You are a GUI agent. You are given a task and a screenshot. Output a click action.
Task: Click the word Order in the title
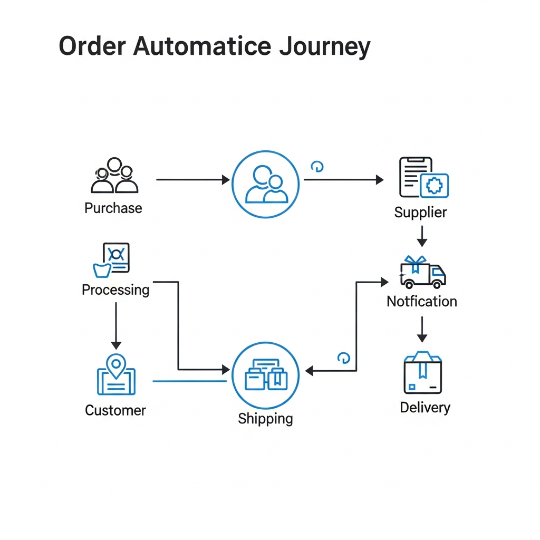(x=92, y=46)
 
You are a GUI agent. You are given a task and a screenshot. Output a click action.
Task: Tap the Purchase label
(x=113, y=208)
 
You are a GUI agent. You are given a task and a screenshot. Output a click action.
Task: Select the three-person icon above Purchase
(x=114, y=176)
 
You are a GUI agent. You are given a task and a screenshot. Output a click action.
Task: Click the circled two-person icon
(x=266, y=185)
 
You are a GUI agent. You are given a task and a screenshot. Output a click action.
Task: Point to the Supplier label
(x=420, y=213)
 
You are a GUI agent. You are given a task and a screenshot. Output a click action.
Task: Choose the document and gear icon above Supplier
(x=423, y=178)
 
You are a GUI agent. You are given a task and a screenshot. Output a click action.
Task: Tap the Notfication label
(x=422, y=301)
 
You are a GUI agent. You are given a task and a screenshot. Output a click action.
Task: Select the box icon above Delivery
(x=422, y=373)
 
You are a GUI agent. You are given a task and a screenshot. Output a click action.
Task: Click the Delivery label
(x=425, y=407)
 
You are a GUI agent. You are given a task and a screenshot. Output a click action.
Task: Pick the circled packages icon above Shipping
(x=266, y=375)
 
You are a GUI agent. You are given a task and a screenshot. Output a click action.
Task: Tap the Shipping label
(x=265, y=419)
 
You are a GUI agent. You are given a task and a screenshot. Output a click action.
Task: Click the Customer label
(x=115, y=410)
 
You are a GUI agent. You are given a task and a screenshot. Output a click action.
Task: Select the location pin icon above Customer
(x=116, y=375)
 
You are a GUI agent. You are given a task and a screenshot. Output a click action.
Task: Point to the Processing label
(x=115, y=290)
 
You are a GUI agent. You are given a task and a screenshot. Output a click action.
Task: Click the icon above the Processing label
(x=112, y=260)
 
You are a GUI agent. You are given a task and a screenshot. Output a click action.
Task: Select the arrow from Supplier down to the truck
(x=422, y=236)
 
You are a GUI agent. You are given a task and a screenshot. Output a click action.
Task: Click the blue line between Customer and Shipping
(x=190, y=381)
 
